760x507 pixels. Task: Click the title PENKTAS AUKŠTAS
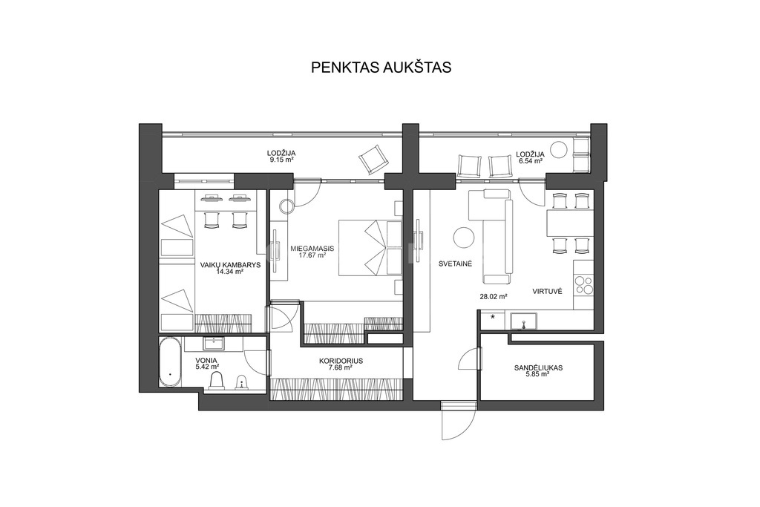tap(381, 68)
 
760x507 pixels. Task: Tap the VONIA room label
tap(206, 360)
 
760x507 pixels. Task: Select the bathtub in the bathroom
tap(171, 362)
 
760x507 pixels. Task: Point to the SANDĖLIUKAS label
tap(539, 368)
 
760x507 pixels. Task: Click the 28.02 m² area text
tap(494, 296)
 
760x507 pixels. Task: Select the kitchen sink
tap(523, 321)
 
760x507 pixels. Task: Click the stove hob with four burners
tap(583, 285)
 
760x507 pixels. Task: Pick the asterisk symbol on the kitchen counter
tap(493, 318)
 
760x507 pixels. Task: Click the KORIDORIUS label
tap(341, 361)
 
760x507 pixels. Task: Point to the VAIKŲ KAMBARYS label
tap(231, 265)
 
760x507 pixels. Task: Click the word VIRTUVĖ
tap(547, 291)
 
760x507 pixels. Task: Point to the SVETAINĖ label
tap(455, 264)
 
